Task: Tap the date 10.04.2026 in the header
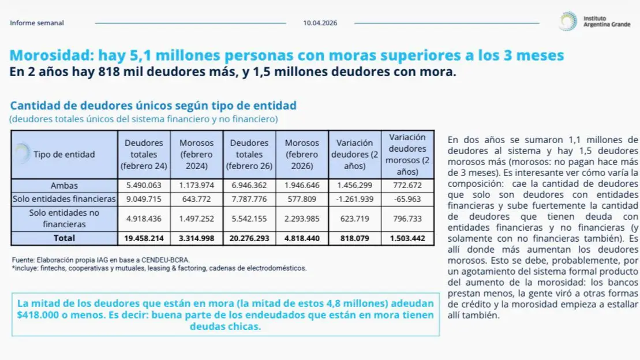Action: coord(320,23)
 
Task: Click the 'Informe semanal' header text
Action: coord(37,23)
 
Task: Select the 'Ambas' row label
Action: coord(64,186)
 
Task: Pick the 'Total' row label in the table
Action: coord(64,238)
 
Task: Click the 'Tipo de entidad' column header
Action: coord(64,154)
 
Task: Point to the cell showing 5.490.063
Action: coord(144,186)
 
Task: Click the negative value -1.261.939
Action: coord(354,199)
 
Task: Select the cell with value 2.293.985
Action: coord(301,219)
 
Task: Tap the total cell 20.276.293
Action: coord(249,238)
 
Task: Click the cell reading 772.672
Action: coord(407,186)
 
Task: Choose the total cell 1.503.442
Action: coord(407,238)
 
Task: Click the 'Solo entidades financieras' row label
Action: coord(64,199)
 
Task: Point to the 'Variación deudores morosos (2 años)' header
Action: coord(407,154)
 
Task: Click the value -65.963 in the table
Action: coord(407,199)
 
